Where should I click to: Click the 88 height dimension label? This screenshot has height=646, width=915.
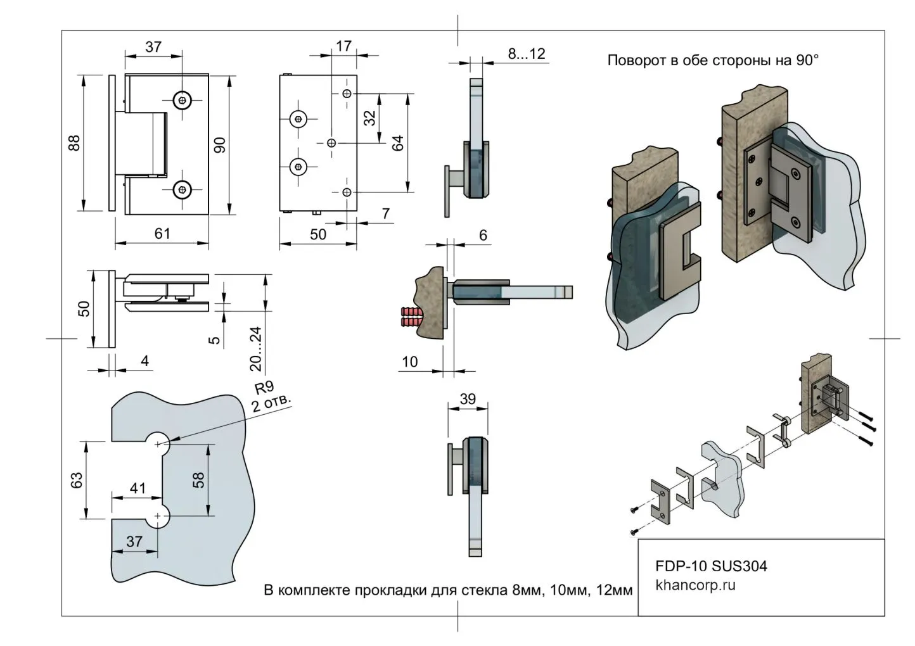tap(75, 142)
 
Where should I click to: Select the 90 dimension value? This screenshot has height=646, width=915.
tap(220, 144)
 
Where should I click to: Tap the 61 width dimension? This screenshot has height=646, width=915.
tap(162, 233)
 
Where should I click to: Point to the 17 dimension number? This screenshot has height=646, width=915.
tap(343, 46)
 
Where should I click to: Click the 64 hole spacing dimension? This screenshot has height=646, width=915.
tap(398, 142)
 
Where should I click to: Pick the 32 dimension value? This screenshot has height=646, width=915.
tap(369, 118)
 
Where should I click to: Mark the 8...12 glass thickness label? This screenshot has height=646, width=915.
tap(527, 54)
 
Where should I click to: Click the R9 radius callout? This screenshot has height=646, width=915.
tap(264, 388)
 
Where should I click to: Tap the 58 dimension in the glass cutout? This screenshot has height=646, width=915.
tap(198, 480)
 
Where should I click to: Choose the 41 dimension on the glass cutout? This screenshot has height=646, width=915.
tap(138, 488)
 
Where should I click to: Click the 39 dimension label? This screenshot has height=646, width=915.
tap(468, 399)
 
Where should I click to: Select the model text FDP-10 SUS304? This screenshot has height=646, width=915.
tap(711, 566)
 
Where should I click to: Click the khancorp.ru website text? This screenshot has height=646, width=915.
tap(696, 585)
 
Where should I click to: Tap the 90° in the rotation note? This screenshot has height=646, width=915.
tap(807, 61)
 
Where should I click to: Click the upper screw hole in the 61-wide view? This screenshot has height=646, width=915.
tap(182, 99)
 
